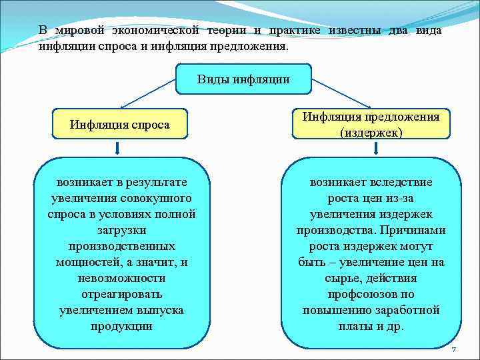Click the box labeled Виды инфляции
[243, 80]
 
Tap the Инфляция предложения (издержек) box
[371, 125]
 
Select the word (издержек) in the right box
[371, 133]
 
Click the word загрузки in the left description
[121, 230]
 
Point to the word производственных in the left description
[121, 246]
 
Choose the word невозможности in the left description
[121, 278]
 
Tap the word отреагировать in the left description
[121, 294]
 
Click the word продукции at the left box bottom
[121, 326]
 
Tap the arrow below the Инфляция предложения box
[371, 148]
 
